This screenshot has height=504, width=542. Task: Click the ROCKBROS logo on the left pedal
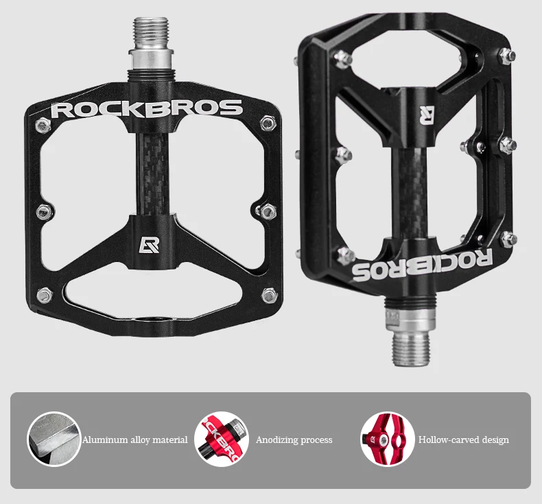coord(148,108)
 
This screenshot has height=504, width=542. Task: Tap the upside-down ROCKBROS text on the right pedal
coord(423,263)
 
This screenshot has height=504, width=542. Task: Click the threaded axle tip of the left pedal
coord(151,34)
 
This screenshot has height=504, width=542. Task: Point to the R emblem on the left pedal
coord(150,244)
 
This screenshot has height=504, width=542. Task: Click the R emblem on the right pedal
coord(428,115)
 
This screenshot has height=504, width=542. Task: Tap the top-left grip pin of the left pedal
coord(43,125)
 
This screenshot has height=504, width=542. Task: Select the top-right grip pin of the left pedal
coord(268,123)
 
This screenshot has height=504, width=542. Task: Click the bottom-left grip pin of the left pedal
coord(45,296)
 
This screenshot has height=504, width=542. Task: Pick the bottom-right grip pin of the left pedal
coord(270,296)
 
